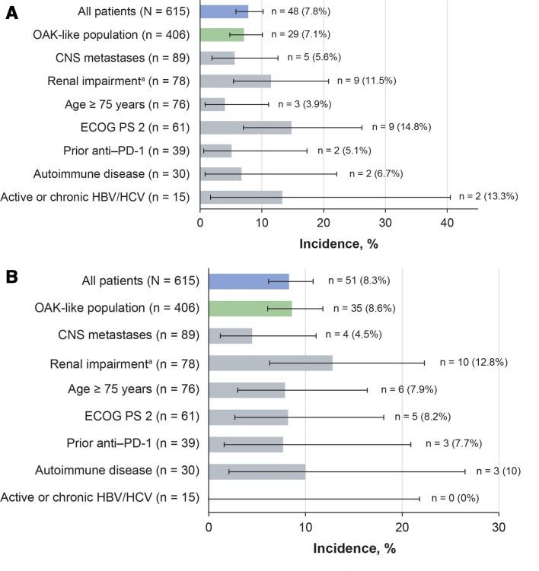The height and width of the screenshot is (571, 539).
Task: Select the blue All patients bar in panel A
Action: (224, 11)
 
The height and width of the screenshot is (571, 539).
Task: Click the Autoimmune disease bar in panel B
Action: (257, 471)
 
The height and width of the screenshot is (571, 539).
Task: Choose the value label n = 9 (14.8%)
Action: (410, 127)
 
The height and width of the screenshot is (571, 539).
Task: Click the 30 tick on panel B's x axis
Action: (499, 528)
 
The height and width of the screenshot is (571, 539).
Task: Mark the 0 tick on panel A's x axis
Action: (200, 224)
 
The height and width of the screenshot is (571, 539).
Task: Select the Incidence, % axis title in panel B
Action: (353, 548)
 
